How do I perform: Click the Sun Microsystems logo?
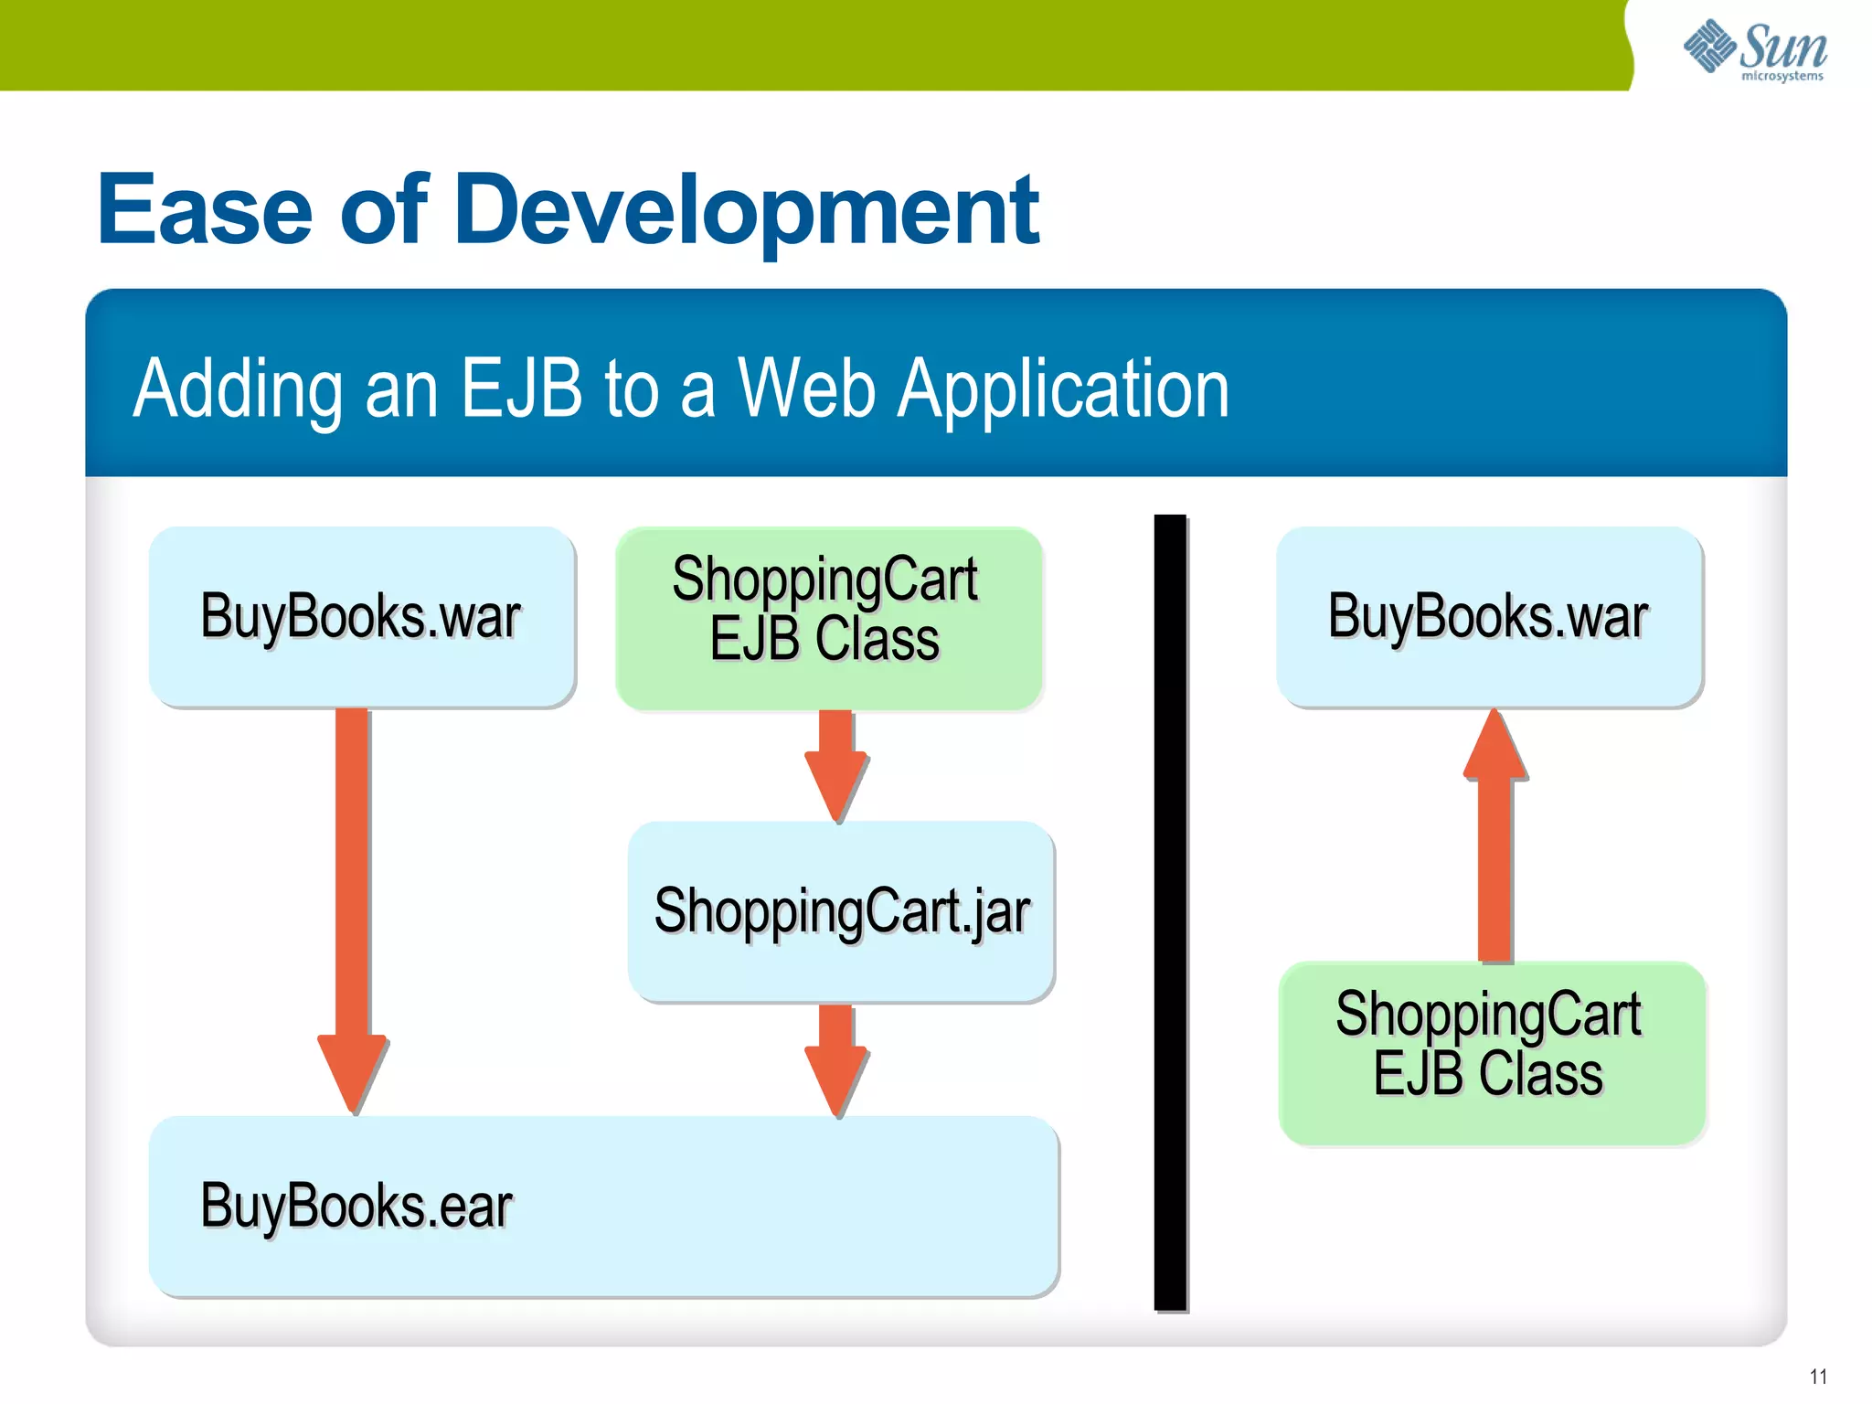[x=1755, y=49]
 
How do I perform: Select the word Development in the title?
[x=746, y=212]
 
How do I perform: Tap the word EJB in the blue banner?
[x=520, y=388]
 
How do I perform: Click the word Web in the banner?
[x=807, y=388]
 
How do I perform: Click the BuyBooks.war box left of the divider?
[x=362, y=616]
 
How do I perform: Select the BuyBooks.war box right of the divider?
[x=1489, y=616]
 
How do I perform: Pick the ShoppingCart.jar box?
[x=841, y=911]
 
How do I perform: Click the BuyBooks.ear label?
[x=356, y=1206]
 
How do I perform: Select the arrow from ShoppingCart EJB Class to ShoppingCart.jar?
[x=836, y=764]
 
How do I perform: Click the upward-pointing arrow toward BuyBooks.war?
[x=1494, y=841]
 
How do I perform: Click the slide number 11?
[x=1818, y=1377]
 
